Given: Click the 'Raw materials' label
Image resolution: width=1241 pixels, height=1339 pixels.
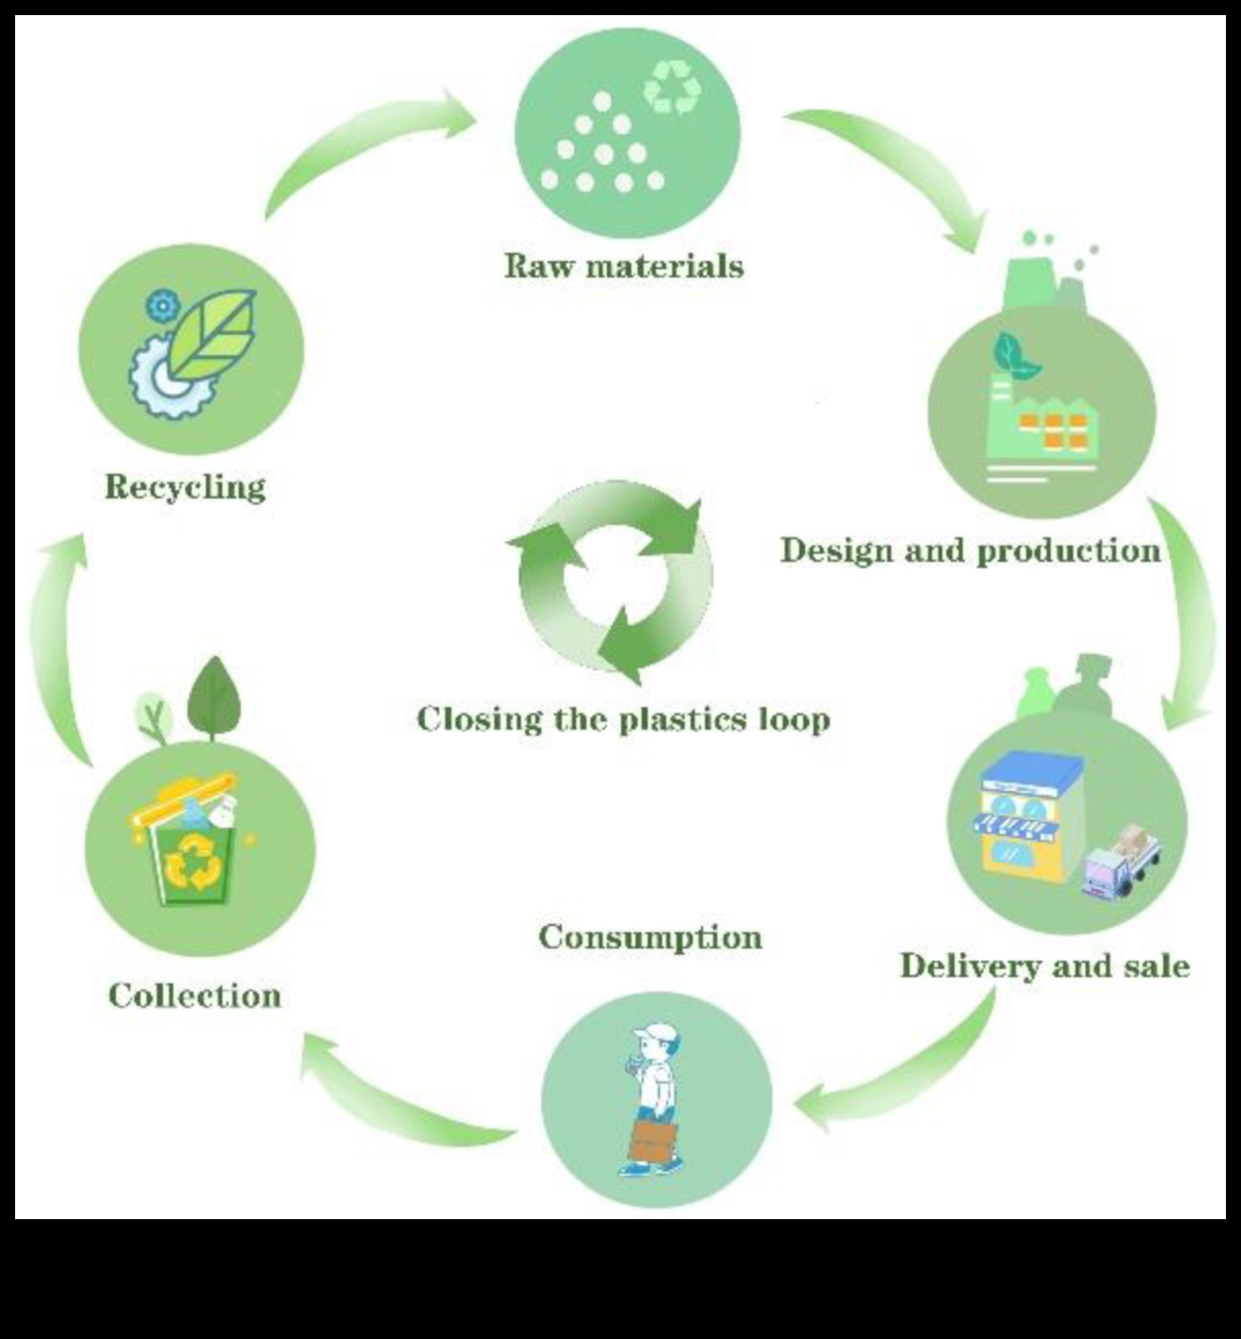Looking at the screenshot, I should [624, 266].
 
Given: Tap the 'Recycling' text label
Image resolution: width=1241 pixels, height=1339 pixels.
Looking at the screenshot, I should [185, 487].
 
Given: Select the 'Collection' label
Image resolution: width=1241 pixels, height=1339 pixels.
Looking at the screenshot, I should [195, 996].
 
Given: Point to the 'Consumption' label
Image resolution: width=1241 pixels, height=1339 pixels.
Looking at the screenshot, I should [650, 938].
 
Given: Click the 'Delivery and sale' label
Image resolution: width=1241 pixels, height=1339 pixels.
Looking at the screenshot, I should [1045, 967].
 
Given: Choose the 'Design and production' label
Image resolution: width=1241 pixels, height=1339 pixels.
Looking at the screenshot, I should [971, 551].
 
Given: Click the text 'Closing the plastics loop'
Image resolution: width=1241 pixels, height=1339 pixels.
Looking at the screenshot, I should [624, 719].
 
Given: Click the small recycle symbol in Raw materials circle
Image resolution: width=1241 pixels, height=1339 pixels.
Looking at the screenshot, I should [671, 88].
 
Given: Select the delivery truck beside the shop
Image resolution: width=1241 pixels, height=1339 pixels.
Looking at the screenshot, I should [1120, 864].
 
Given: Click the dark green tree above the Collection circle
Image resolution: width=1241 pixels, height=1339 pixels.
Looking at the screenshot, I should [215, 697].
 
